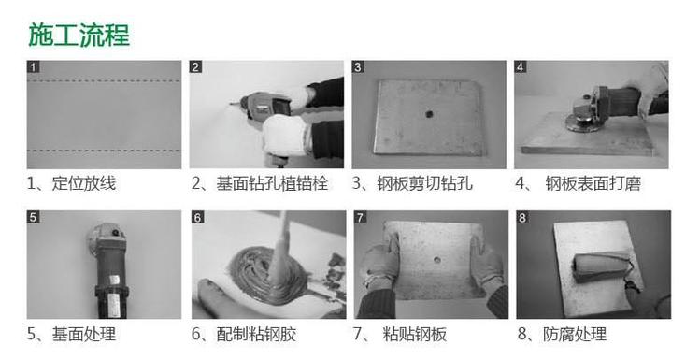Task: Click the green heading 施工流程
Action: click(x=79, y=36)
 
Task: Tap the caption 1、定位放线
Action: click(x=71, y=183)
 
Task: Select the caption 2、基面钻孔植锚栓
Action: click(x=260, y=183)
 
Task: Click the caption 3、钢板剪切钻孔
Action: click(x=412, y=183)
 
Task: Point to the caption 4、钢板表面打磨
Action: click(x=579, y=183)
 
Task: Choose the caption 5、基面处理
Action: click(x=71, y=334)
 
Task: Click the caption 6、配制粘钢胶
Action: click(x=244, y=334)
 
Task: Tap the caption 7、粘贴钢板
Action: click(x=400, y=334)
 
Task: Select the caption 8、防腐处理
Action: click(x=562, y=334)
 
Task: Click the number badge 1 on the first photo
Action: click(x=34, y=67)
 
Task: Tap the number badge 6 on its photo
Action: click(x=198, y=218)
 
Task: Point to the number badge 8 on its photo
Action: click(x=522, y=218)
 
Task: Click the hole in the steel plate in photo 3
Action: click(x=429, y=114)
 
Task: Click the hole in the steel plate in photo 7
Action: click(x=436, y=260)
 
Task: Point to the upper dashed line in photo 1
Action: click(x=104, y=80)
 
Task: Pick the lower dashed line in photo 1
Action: click(x=104, y=151)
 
